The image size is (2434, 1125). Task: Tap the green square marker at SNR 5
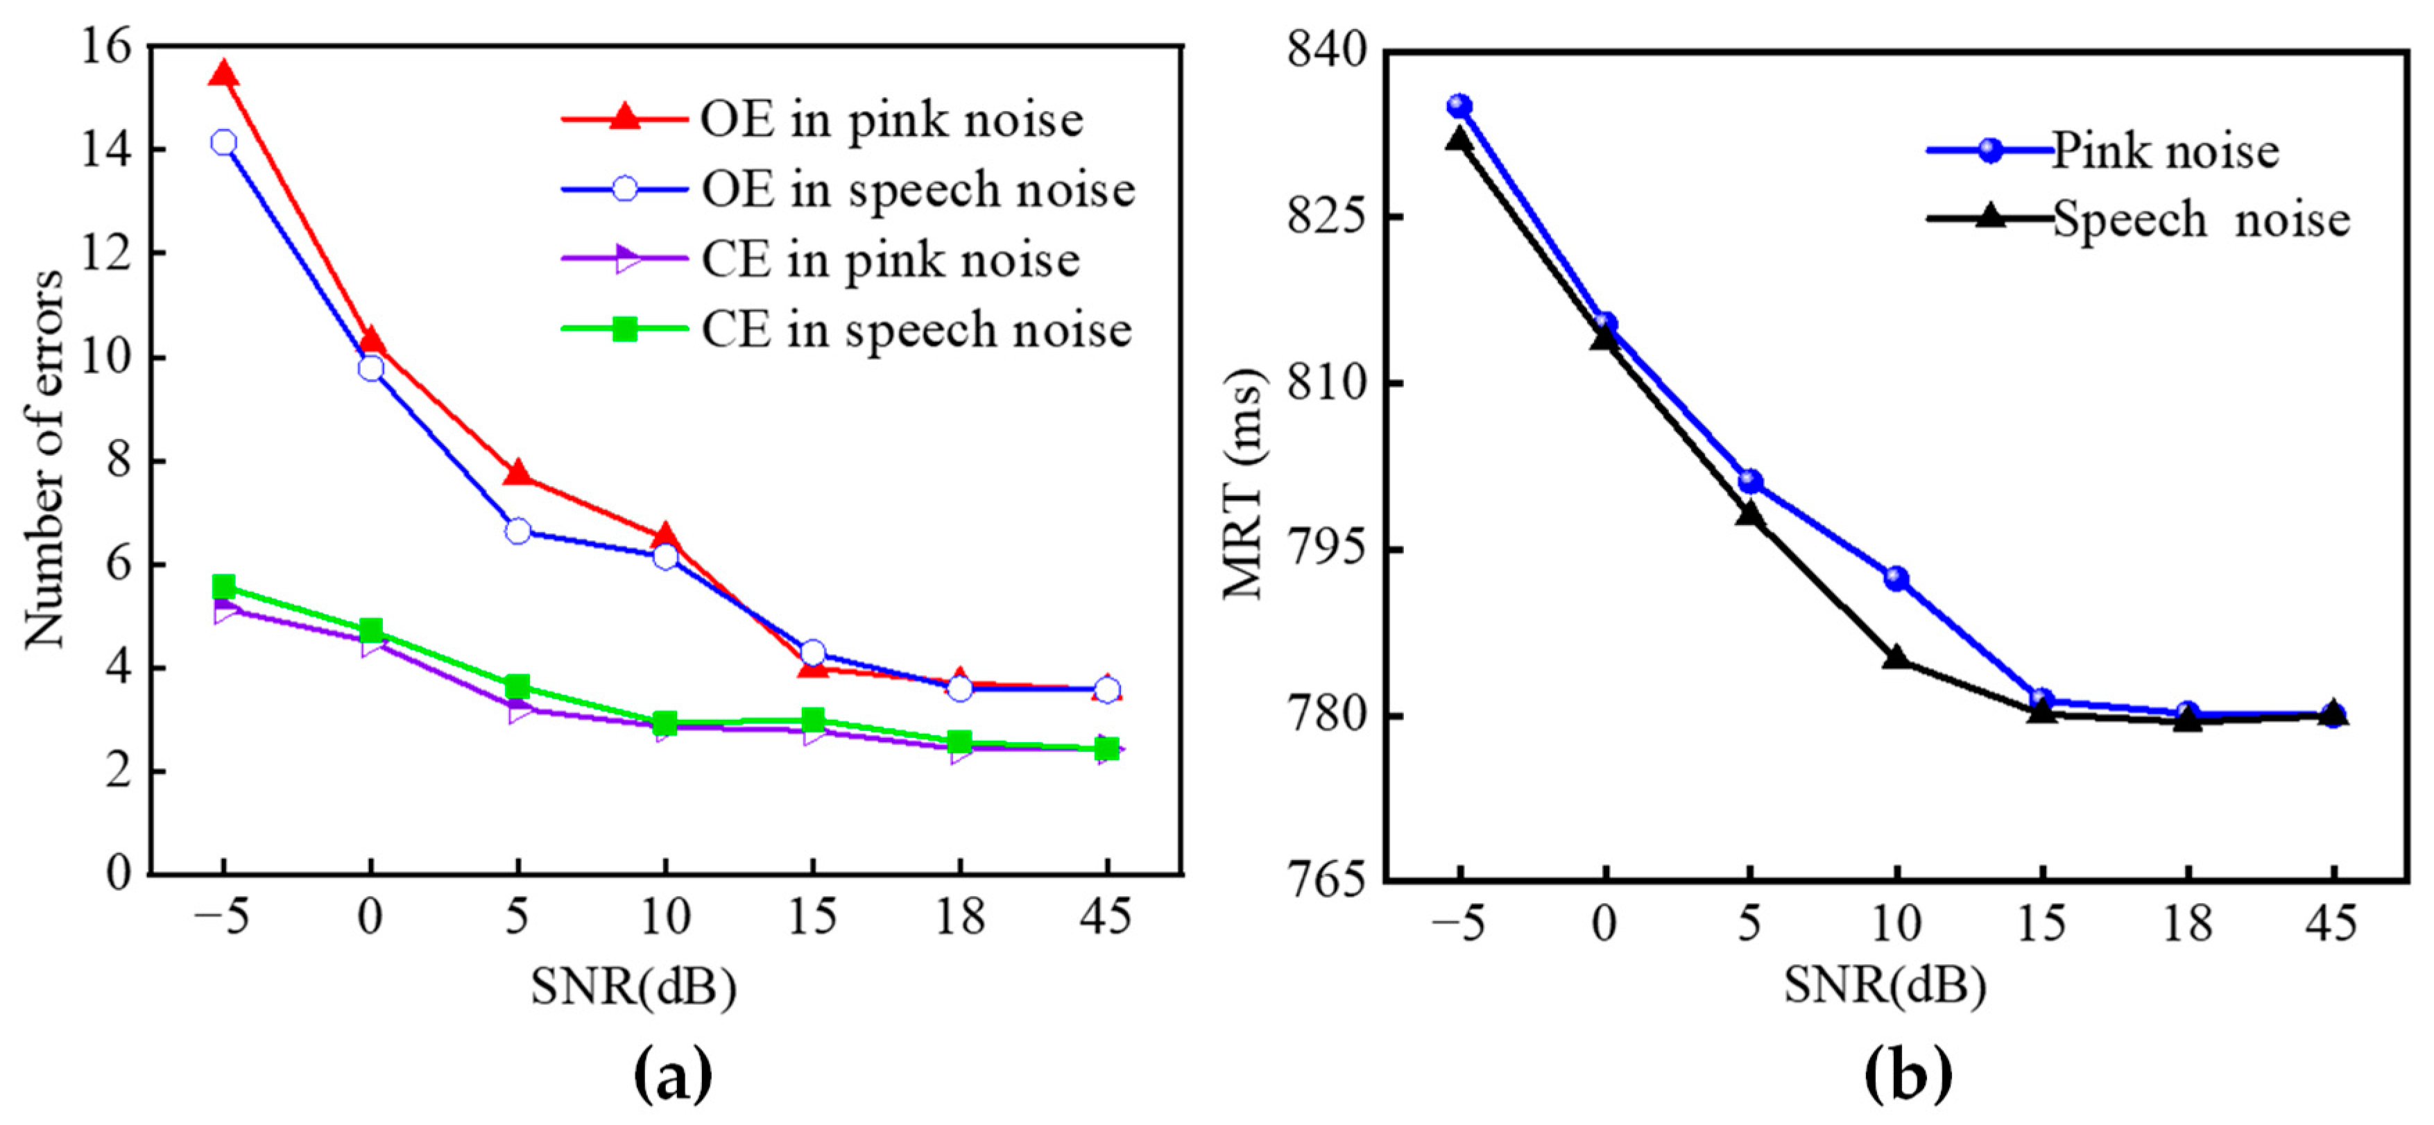(517, 686)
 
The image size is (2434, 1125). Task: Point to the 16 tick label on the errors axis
(106, 47)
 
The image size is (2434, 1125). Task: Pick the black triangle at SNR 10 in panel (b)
(1896, 658)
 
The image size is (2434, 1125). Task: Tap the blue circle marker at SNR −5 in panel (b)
(1460, 106)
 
